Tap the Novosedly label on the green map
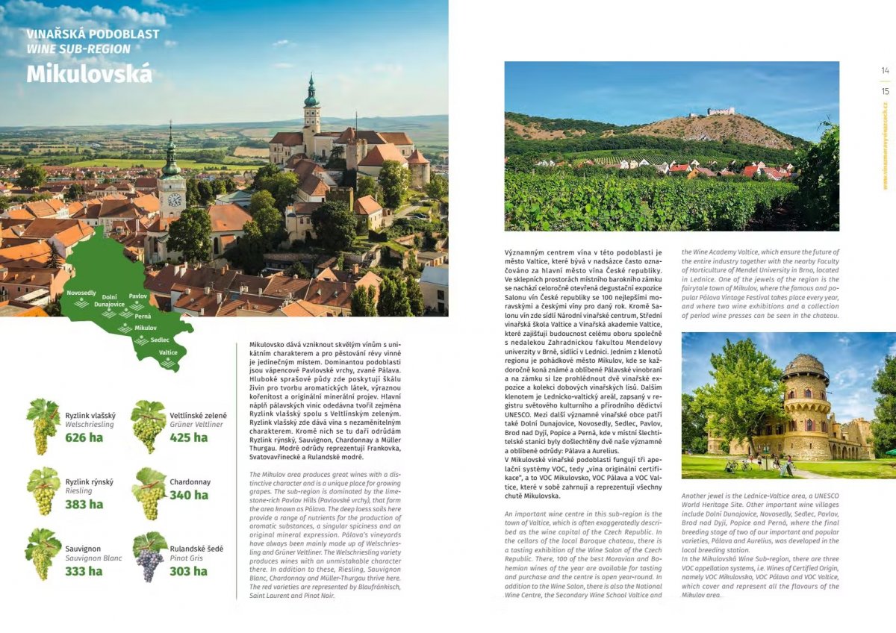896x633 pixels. pos(81,293)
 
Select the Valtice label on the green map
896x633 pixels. pos(168,352)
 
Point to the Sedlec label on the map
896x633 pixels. pos(160,340)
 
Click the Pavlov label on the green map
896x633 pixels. pos(138,296)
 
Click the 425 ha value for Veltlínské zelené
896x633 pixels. pos(189,437)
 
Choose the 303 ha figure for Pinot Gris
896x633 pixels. pos(188,571)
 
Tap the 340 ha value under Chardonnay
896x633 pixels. pos(189,495)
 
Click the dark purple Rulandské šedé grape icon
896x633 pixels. pos(149,557)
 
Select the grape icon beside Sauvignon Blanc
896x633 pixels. pos(43,554)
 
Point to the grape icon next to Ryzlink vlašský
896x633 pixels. pos(43,426)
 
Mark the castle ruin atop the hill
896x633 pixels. pos(721,111)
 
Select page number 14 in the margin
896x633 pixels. pos(885,71)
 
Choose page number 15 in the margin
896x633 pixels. pos(885,92)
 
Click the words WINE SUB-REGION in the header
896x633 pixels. pos(78,49)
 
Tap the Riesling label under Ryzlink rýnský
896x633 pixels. pos(78,491)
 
